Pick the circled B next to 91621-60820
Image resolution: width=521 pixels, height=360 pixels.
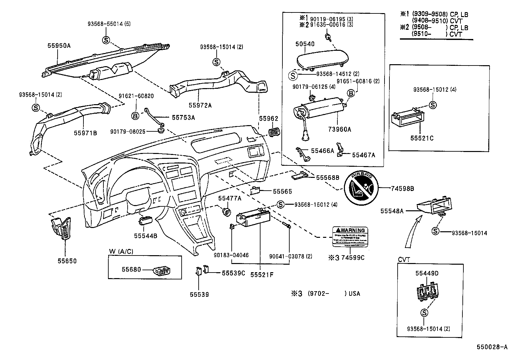click(x=135, y=115)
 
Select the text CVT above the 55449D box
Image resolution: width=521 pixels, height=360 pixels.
click(x=404, y=259)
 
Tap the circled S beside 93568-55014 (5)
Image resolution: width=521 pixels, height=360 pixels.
click(x=106, y=40)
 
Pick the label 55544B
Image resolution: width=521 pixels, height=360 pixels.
click(x=145, y=236)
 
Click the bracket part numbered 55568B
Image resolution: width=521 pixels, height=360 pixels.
click(x=299, y=176)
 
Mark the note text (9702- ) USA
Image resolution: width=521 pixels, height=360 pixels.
click(x=333, y=294)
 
